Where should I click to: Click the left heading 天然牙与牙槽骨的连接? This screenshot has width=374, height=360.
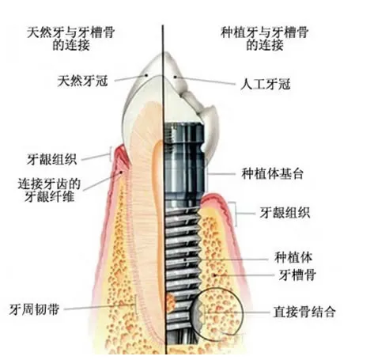click(70, 39)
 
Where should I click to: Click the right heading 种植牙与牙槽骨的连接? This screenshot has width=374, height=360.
click(264, 39)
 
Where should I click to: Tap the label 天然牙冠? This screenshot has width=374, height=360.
click(82, 81)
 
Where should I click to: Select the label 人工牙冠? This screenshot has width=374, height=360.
click(265, 85)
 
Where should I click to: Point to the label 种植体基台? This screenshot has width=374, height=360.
click(272, 174)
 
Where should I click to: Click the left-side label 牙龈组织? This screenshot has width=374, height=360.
click(51, 159)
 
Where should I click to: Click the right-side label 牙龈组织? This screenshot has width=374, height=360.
click(285, 213)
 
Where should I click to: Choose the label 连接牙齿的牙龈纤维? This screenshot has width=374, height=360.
click(49, 190)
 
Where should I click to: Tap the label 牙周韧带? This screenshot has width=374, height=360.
click(34, 309)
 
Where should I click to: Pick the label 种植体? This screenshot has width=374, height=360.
click(293, 257)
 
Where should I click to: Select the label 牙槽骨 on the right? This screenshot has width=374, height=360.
click(297, 275)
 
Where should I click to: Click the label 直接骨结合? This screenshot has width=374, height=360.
click(304, 312)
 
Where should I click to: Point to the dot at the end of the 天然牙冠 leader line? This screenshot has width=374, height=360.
click(146, 75)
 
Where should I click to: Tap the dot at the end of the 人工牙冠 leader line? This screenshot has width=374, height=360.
click(175, 77)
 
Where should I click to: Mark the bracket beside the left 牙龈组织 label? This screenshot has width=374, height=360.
click(111, 153)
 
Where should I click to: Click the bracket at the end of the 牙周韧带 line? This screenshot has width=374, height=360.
click(136, 305)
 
